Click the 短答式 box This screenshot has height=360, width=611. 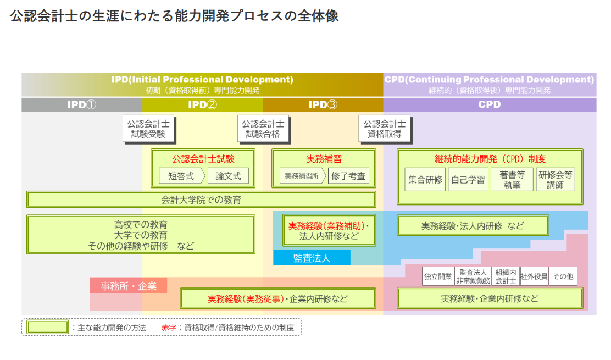(181, 176)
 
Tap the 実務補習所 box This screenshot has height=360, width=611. (301, 176)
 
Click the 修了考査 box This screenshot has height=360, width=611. (348, 176)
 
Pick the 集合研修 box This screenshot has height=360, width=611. (425, 179)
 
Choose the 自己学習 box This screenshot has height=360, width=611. (468, 179)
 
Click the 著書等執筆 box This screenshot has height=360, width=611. (512, 179)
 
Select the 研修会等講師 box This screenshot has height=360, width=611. (555, 179)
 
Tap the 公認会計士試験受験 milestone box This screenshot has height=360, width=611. (148, 129)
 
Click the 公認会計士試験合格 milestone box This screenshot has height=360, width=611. (263, 129)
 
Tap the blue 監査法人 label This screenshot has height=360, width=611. (312, 258)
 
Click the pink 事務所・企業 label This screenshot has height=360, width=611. (129, 286)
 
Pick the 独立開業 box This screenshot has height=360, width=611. (438, 276)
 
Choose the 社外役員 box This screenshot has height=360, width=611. (534, 276)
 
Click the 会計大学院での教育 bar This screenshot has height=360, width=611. (201, 200)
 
